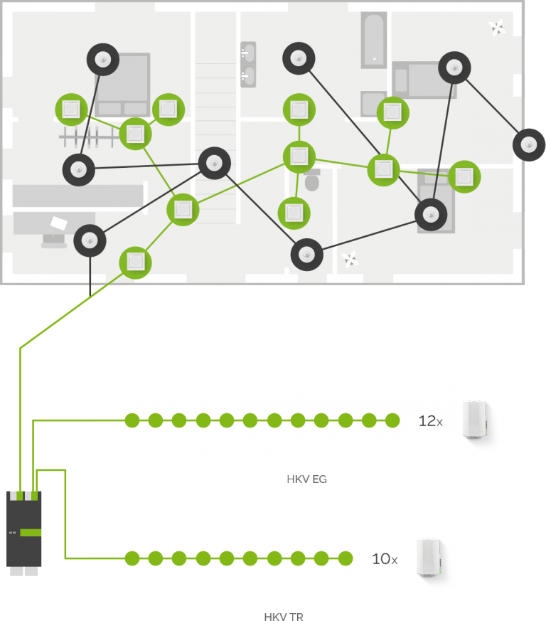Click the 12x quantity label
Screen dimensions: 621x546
coord(430,421)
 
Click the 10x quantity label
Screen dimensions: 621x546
coord(384,559)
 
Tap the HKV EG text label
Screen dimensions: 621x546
coord(306,479)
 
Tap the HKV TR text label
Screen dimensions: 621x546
coord(284,617)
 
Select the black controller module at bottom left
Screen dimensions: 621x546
coord(24,529)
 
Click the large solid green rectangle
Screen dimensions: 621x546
coord(73,317)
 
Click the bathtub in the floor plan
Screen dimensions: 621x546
coord(374,39)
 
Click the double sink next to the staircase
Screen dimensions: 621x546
coord(248,64)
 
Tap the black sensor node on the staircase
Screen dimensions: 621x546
coord(214,164)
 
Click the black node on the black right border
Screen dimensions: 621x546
coord(529,144)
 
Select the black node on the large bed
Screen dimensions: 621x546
coord(103,60)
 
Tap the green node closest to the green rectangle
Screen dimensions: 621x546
coord(135,262)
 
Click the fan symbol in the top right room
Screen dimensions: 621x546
coord(497,28)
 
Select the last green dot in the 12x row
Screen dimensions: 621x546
coord(392,420)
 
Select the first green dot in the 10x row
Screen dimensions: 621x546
coord(132,558)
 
